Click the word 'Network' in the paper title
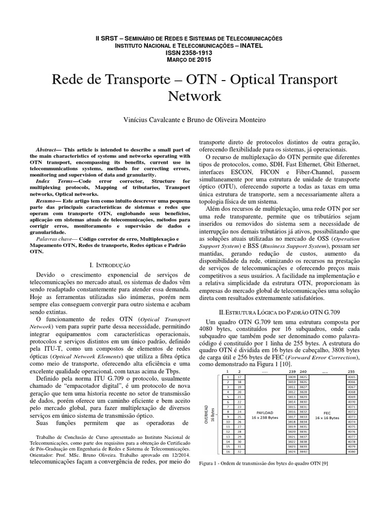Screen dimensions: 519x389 [194, 96]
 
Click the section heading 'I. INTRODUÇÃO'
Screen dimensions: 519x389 [109, 265]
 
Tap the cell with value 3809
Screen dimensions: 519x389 [291, 377]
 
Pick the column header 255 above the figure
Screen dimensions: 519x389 [352, 371]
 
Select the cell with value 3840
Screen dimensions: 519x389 [303, 451]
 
